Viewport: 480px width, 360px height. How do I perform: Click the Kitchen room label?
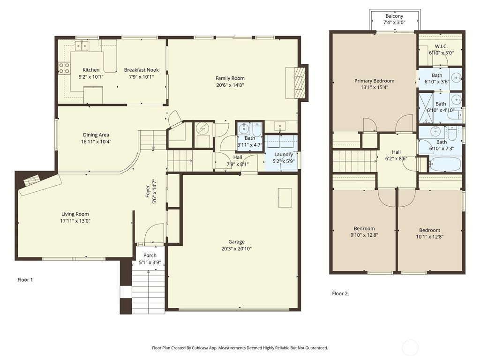click(91, 70)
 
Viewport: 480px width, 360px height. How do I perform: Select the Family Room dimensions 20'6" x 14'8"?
click(230, 85)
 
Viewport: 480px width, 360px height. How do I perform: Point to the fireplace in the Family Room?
click(299, 82)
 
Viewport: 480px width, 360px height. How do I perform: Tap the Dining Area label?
click(96, 135)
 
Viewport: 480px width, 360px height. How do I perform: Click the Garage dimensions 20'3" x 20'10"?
click(236, 249)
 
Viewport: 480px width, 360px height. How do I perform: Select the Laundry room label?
click(284, 154)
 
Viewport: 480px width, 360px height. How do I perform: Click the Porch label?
click(150, 255)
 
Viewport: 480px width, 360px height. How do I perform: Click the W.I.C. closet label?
click(441, 46)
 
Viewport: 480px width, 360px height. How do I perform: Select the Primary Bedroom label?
click(374, 81)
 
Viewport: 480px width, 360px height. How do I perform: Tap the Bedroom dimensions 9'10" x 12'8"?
click(364, 235)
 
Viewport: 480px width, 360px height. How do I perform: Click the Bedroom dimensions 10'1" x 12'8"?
click(429, 237)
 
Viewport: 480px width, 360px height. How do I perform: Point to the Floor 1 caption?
click(25, 280)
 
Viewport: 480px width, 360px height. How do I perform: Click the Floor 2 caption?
click(340, 294)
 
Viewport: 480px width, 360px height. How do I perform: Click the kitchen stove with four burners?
click(64, 68)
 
